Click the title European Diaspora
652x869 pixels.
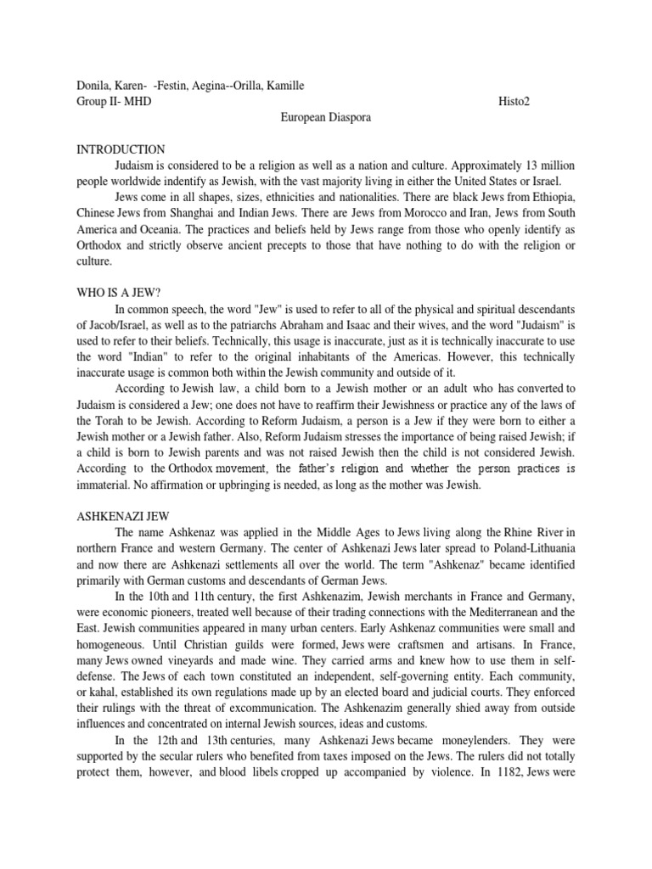pyautogui.click(x=326, y=118)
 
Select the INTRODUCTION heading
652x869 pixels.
pyautogui.click(x=121, y=150)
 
